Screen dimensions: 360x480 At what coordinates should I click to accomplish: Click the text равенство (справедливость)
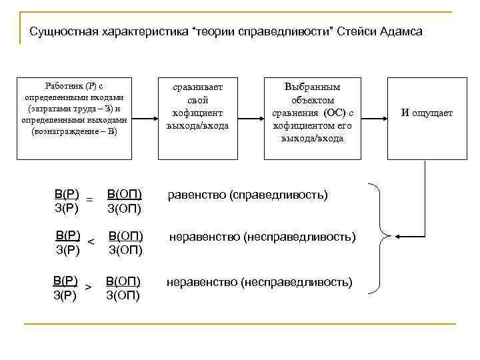pyautogui.click(x=247, y=195)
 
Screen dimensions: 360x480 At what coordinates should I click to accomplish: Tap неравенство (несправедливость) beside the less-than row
pyautogui.click(x=262, y=237)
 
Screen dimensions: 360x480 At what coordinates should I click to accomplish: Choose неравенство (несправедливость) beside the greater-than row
pyautogui.click(x=259, y=282)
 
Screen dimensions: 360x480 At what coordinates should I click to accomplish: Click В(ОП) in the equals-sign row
pyautogui.click(x=123, y=194)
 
